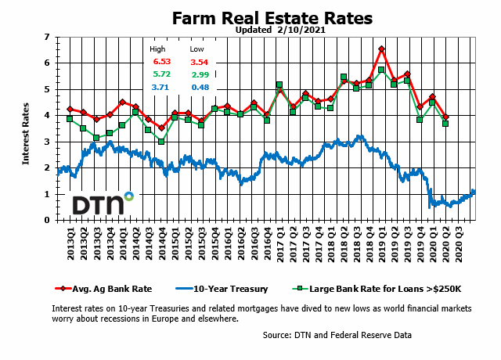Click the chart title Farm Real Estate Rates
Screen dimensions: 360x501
272,18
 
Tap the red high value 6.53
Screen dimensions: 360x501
161,61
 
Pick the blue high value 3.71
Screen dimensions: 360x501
161,87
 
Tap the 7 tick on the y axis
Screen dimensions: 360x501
47,37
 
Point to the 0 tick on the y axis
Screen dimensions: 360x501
47,220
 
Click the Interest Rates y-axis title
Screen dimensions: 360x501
26,129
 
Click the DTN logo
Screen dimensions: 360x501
103,203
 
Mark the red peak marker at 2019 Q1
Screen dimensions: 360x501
381,49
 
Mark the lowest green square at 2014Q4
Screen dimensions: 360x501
161,142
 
